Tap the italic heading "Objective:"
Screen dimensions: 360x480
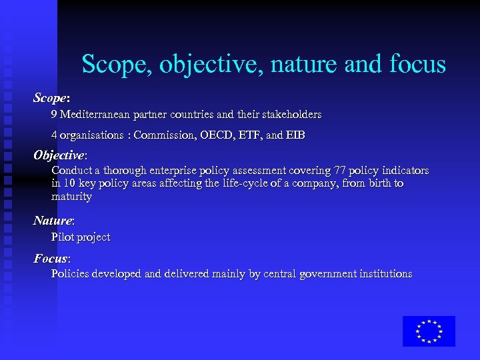click(60, 155)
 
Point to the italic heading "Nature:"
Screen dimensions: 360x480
click(54, 221)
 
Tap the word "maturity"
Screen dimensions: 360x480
click(71, 197)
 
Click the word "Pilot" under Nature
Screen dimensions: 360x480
click(63, 237)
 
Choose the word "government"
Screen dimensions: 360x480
click(321, 274)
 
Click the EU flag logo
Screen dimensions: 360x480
click(429, 331)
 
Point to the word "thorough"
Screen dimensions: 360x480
click(119, 171)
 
